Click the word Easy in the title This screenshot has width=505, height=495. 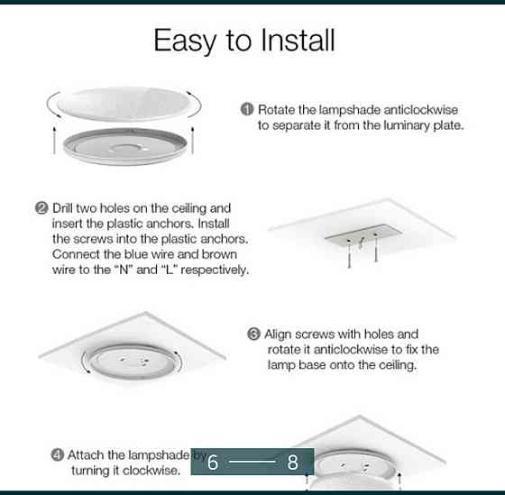click(x=185, y=41)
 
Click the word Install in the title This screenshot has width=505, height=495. click(x=298, y=40)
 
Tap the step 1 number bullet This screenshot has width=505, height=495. click(x=247, y=109)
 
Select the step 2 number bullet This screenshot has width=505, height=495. click(x=41, y=208)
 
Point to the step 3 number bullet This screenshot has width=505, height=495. click(x=253, y=334)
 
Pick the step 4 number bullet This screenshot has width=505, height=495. click(x=58, y=455)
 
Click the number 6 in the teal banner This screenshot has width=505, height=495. click(x=213, y=463)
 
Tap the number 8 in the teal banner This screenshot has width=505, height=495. click(x=292, y=463)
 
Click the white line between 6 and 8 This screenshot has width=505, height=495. click(x=252, y=462)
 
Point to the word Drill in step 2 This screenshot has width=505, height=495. click(x=63, y=208)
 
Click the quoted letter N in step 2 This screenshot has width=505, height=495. click(x=124, y=270)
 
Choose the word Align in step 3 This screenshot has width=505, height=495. click(x=278, y=335)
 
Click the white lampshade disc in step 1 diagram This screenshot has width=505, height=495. click(x=124, y=104)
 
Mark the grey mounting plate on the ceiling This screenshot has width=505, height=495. click(x=363, y=234)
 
